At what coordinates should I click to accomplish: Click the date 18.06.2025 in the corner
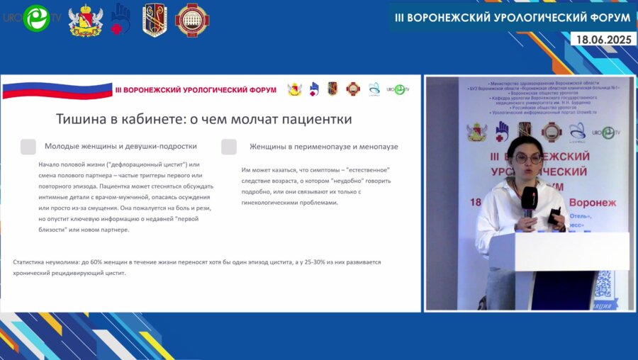click(x=605, y=40)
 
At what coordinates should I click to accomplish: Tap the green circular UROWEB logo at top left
click(x=36, y=18)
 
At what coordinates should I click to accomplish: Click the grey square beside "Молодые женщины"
click(x=28, y=147)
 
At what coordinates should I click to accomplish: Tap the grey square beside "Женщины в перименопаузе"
click(x=229, y=147)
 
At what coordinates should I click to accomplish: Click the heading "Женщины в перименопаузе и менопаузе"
click(x=323, y=147)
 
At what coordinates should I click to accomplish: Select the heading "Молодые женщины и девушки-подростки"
click(x=121, y=147)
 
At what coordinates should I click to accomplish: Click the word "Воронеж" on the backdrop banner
click(x=591, y=203)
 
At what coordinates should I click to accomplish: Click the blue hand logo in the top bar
click(x=121, y=18)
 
